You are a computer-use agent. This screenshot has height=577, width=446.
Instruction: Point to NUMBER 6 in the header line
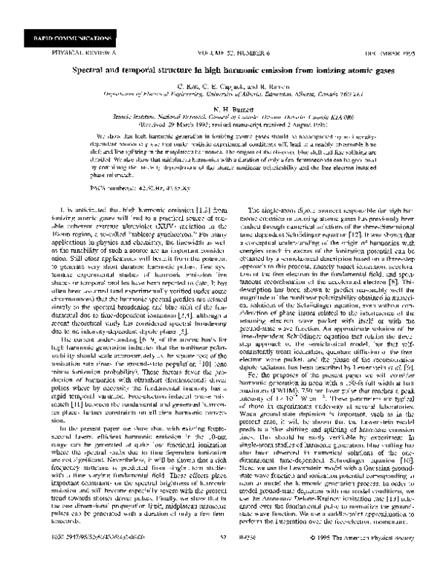click(x=251, y=54)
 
